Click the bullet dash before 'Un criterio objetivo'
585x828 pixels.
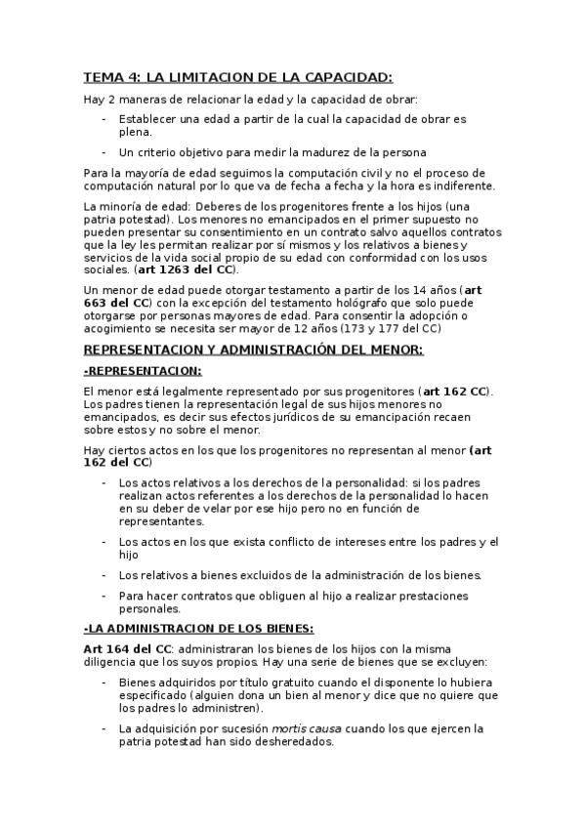(x=104, y=152)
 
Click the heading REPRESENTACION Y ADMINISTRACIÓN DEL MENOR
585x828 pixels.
(x=253, y=350)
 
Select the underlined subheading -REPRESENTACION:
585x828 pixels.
(x=143, y=370)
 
